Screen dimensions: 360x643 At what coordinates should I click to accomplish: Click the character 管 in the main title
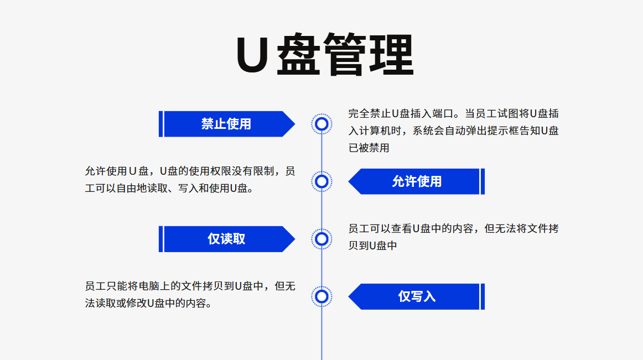point(345,56)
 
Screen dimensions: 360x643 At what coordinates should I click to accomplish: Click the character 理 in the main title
point(391,56)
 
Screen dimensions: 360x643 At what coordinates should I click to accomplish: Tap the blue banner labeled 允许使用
point(417,181)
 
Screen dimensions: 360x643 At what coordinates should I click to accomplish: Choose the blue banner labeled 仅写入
point(417,296)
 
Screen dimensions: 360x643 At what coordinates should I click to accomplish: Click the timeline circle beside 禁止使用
point(321,124)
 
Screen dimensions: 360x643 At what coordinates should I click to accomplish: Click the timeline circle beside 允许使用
point(321,181)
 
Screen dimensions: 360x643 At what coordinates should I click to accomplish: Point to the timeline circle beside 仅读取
point(321,239)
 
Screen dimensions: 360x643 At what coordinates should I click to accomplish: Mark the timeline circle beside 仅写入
point(321,296)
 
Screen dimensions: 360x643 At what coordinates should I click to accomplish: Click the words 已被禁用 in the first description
point(369,148)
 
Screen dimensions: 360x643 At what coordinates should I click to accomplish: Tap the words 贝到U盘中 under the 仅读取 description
point(372,246)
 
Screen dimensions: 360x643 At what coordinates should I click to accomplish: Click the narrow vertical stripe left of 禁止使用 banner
point(160,124)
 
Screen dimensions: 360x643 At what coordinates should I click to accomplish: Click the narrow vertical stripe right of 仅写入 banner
point(483,296)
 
